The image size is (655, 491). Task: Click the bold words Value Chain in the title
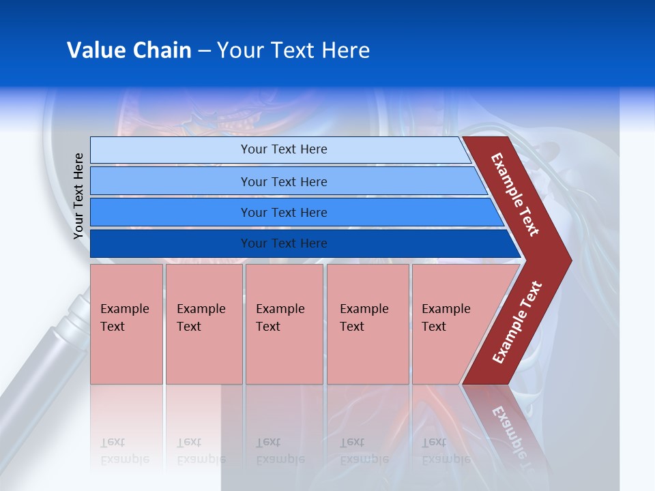click(129, 50)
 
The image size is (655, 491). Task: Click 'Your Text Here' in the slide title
click(293, 50)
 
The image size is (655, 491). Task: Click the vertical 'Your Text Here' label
click(78, 196)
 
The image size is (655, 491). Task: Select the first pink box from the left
click(126, 324)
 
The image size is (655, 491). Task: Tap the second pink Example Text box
click(203, 324)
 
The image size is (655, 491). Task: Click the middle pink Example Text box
click(284, 324)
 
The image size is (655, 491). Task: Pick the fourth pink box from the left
click(367, 324)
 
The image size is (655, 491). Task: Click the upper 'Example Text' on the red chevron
click(515, 194)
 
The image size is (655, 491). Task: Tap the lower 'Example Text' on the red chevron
click(517, 322)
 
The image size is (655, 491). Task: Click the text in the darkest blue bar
click(284, 243)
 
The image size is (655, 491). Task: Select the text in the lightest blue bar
click(284, 149)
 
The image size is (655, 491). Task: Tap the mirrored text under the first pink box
click(124, 451)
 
